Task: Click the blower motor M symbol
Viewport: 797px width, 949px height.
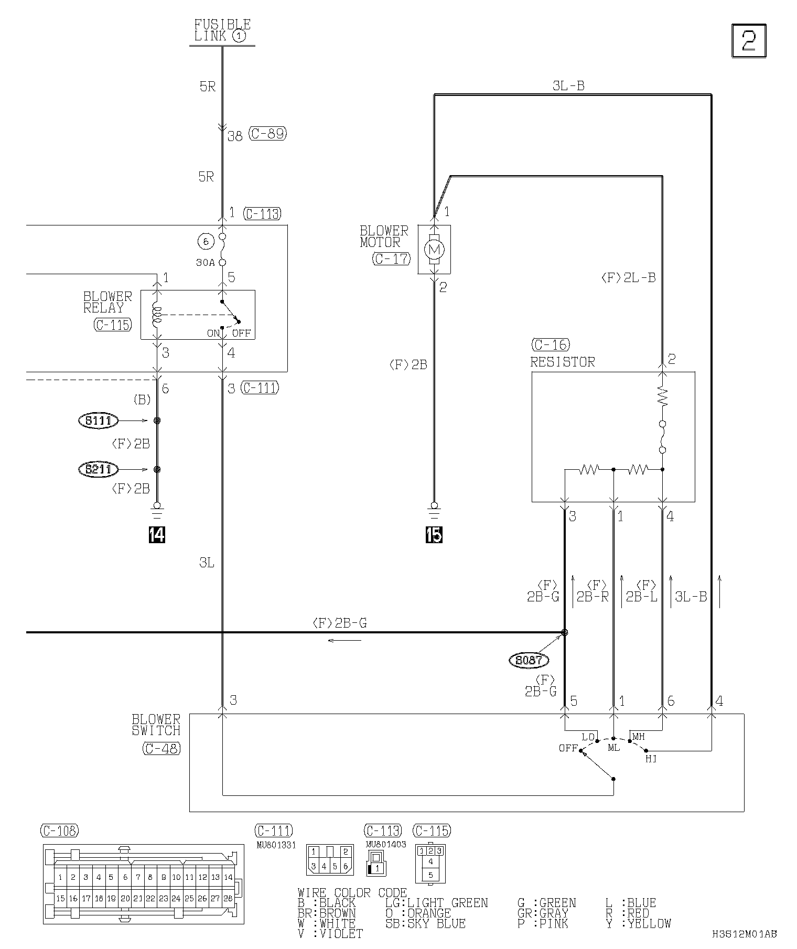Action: [x=434, y=249]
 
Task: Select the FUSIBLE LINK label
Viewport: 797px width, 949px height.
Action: [x=222, y=30]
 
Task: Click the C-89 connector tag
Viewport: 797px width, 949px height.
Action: [x=267, y=134]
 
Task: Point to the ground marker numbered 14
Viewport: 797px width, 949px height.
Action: [x=157, y=535]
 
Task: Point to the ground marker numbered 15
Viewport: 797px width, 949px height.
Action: [x=434, y=535]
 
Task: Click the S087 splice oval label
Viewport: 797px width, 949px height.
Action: [x=528, y=660]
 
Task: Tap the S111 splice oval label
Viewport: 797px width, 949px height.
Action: [x=98, y=420]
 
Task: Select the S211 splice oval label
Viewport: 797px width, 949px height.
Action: [x=98, y=469]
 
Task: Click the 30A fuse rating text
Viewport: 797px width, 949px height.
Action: [x=206, y=263]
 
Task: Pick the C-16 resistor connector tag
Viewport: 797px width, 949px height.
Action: [x=551, y=344]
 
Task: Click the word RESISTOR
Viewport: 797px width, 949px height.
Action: [x=563, y=362]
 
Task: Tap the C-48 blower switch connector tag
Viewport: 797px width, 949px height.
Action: [x=161, y=749]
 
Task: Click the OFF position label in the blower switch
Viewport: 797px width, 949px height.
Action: [x=568, y=748]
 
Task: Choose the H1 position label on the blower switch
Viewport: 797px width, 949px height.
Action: [x=651, y=759]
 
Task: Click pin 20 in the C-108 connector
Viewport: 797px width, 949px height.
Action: [x=125, y=898]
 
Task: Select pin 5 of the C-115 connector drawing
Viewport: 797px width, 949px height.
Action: [x=430, y=875]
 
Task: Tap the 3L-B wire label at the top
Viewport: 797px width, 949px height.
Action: [x=568, y=85]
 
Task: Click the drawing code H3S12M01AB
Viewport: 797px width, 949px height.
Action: [x=744, y=933]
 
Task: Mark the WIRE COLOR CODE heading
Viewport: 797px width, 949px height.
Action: [x=352, y=892]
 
